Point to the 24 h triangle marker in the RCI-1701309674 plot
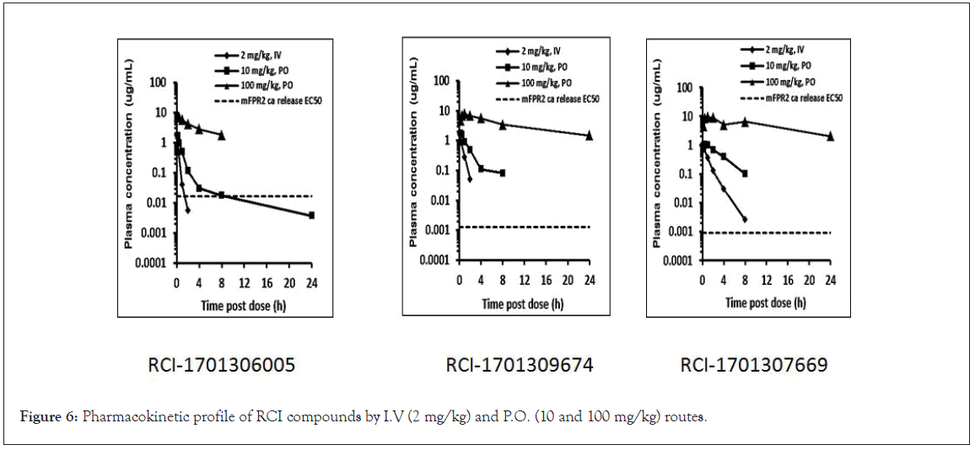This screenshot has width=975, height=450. [590, 135]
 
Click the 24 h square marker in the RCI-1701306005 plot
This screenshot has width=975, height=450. [311, 215]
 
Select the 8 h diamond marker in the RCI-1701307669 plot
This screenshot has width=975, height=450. [745, 219]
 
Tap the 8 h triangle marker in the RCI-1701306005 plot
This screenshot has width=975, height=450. [221, 135]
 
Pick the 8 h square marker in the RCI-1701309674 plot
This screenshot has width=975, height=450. [503, 173]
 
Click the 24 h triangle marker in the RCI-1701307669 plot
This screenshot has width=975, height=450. [830, 136]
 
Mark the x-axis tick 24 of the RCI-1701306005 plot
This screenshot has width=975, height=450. [312, 283]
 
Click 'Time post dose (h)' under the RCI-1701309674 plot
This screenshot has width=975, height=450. [523, 303]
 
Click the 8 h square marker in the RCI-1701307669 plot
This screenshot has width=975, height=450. [745, 174]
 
